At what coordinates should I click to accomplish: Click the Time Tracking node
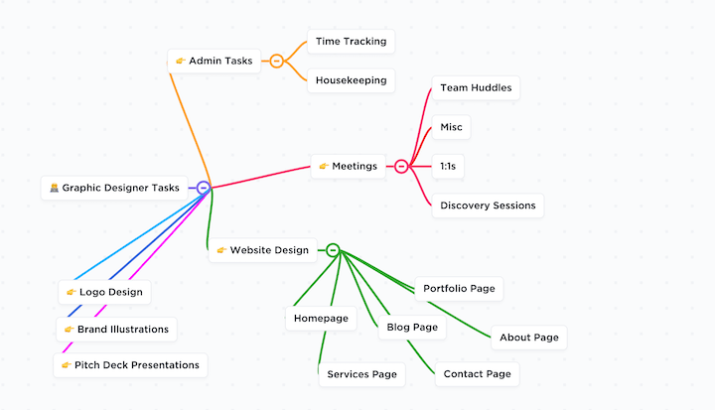tap(351, 42)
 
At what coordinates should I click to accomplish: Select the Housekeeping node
tap(351, 80)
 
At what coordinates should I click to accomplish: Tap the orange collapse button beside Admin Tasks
tap(276, 61)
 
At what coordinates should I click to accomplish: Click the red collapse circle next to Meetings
tap(401, 166)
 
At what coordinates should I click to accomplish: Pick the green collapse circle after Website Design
tap(334, 250)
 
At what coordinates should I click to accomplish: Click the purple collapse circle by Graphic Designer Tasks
tap(204, 188)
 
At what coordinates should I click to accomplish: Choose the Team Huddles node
tap(476, 87)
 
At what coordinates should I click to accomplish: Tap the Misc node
tap(451, 127)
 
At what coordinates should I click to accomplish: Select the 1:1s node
tap(448, 166)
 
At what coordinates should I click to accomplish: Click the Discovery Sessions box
tap(488, 205)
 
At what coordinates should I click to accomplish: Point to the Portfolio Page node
tap(459, 288)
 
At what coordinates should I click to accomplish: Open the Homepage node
tap(321, 319)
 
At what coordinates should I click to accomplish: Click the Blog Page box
tap(412, 327)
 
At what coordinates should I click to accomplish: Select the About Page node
tap(529, 338)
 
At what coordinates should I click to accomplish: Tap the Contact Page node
tap(477, 374)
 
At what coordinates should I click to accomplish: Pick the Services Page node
tap(361, 374)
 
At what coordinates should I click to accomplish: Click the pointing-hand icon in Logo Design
tap(71, 292)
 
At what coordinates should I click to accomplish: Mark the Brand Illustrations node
tap(117, 330)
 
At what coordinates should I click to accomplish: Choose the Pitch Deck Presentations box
tap(130, 365)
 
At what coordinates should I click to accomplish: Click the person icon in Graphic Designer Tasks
tap(55, 188)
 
